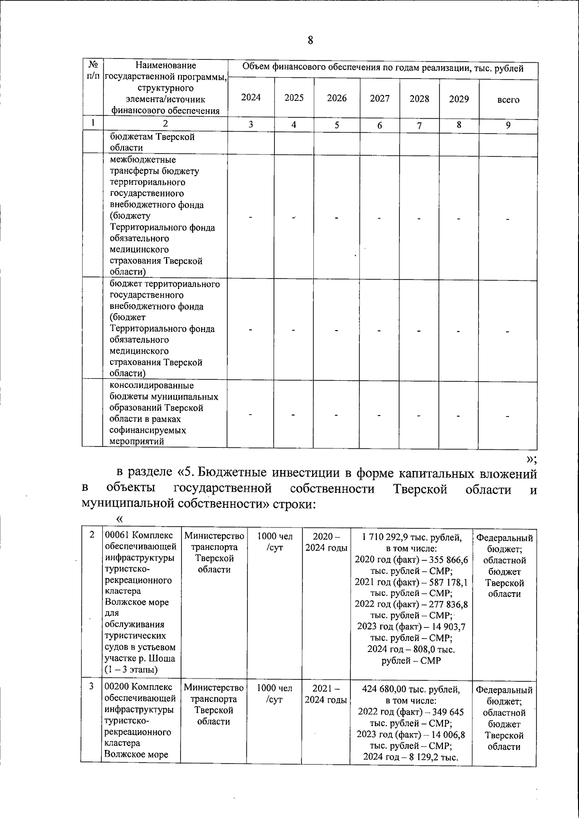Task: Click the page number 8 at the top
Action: click(310, 40)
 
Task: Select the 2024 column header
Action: click(251, 97)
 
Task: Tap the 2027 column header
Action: click(380, 98)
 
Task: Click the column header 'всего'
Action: click(508, 100)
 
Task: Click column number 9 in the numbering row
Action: click(508, 125)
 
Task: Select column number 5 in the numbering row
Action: click(337, 125)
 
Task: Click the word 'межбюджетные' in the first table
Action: click(143, 160)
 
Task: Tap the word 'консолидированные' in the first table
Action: click(152, 386)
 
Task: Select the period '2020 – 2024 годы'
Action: click(326, 542)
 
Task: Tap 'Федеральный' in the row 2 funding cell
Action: click(504, 538)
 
